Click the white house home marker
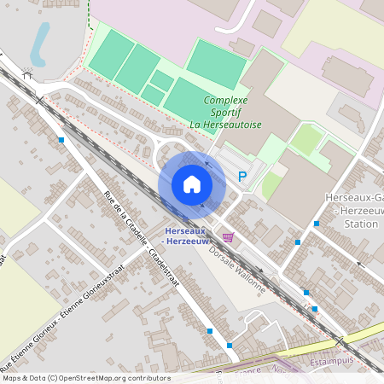point(192,184)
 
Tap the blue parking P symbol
point(242,177)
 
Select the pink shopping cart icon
point(227,236)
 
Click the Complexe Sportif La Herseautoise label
point(232,112)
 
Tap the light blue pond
point(39,43)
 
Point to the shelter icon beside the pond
point(27,75)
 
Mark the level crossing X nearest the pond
point(40,101)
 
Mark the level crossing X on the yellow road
point(340,341)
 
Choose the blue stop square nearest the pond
point(61,139)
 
